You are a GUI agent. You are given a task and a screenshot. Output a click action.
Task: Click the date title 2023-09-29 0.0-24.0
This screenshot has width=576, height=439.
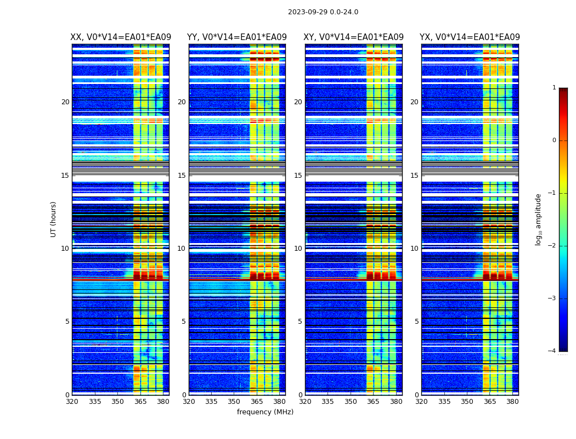(x=323, y=12)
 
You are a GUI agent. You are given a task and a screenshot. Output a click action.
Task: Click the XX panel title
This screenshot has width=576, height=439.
(x=121, y=37)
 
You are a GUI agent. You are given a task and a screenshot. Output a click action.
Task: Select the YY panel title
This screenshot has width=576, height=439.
(x=237, y=37)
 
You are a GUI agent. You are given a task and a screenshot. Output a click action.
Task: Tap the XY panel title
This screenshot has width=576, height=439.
(x=354, y=37)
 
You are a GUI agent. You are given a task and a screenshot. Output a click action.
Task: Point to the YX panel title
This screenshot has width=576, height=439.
(x=470, y=37)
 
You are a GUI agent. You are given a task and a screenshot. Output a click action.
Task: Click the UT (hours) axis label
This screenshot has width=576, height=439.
(x=54, y=219)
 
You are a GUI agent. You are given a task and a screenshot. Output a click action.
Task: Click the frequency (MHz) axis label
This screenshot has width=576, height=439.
(x=265, y=412)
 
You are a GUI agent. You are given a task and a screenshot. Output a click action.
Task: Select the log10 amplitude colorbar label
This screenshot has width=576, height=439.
(x=538, y=219)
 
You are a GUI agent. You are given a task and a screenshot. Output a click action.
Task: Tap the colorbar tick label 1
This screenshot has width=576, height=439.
(x=554, y=88)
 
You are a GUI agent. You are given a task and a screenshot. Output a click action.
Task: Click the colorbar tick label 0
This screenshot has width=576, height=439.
(x=554, y=140)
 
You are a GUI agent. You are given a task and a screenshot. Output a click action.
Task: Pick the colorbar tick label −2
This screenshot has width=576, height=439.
(x=552, y=246)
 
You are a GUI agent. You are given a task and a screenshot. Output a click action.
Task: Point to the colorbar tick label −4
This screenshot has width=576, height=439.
(x=552, y=351)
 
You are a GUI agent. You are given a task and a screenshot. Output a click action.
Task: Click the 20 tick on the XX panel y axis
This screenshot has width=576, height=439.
(x=65, y=102)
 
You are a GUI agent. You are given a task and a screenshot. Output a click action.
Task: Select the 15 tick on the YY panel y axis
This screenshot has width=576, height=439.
(x=182, y=176)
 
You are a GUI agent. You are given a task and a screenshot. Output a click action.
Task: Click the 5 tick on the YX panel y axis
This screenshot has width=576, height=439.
(x=416, y=322)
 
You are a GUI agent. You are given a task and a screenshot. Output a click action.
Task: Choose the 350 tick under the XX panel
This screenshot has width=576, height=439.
(x=117, y=402)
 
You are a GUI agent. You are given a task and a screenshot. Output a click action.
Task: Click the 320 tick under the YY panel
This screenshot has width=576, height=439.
(x=189, y=402)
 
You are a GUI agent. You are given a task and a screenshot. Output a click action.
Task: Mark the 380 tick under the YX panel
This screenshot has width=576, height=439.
(x=512, y=402)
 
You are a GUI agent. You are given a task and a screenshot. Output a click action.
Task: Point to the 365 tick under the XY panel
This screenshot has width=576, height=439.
(x=373, y=402)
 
